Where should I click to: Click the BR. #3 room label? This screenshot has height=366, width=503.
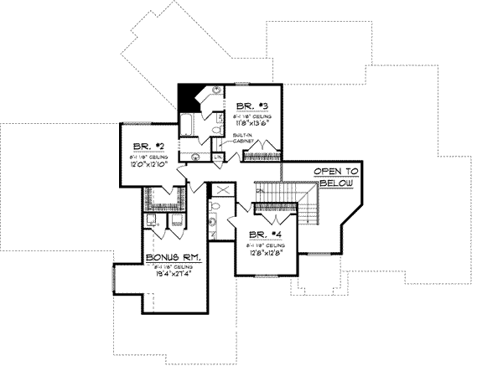[251, 105]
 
